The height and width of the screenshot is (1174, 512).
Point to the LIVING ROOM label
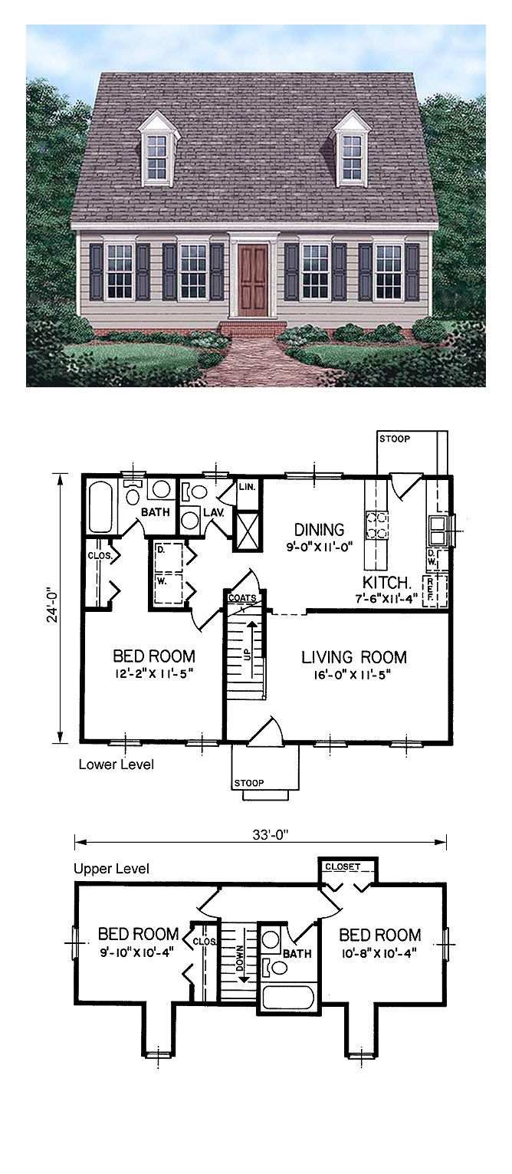pyautogui.click(x=353, y=657)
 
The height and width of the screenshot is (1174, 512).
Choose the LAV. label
pyautogui.click(x=213, y=512)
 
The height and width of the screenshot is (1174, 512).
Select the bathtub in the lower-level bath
pyautogui.click(x=100, y=506)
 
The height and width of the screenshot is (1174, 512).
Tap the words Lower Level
pyautogui.click(x=116, y=765)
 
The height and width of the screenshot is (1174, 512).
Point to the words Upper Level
pyautogui.click(x=111, y=869)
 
